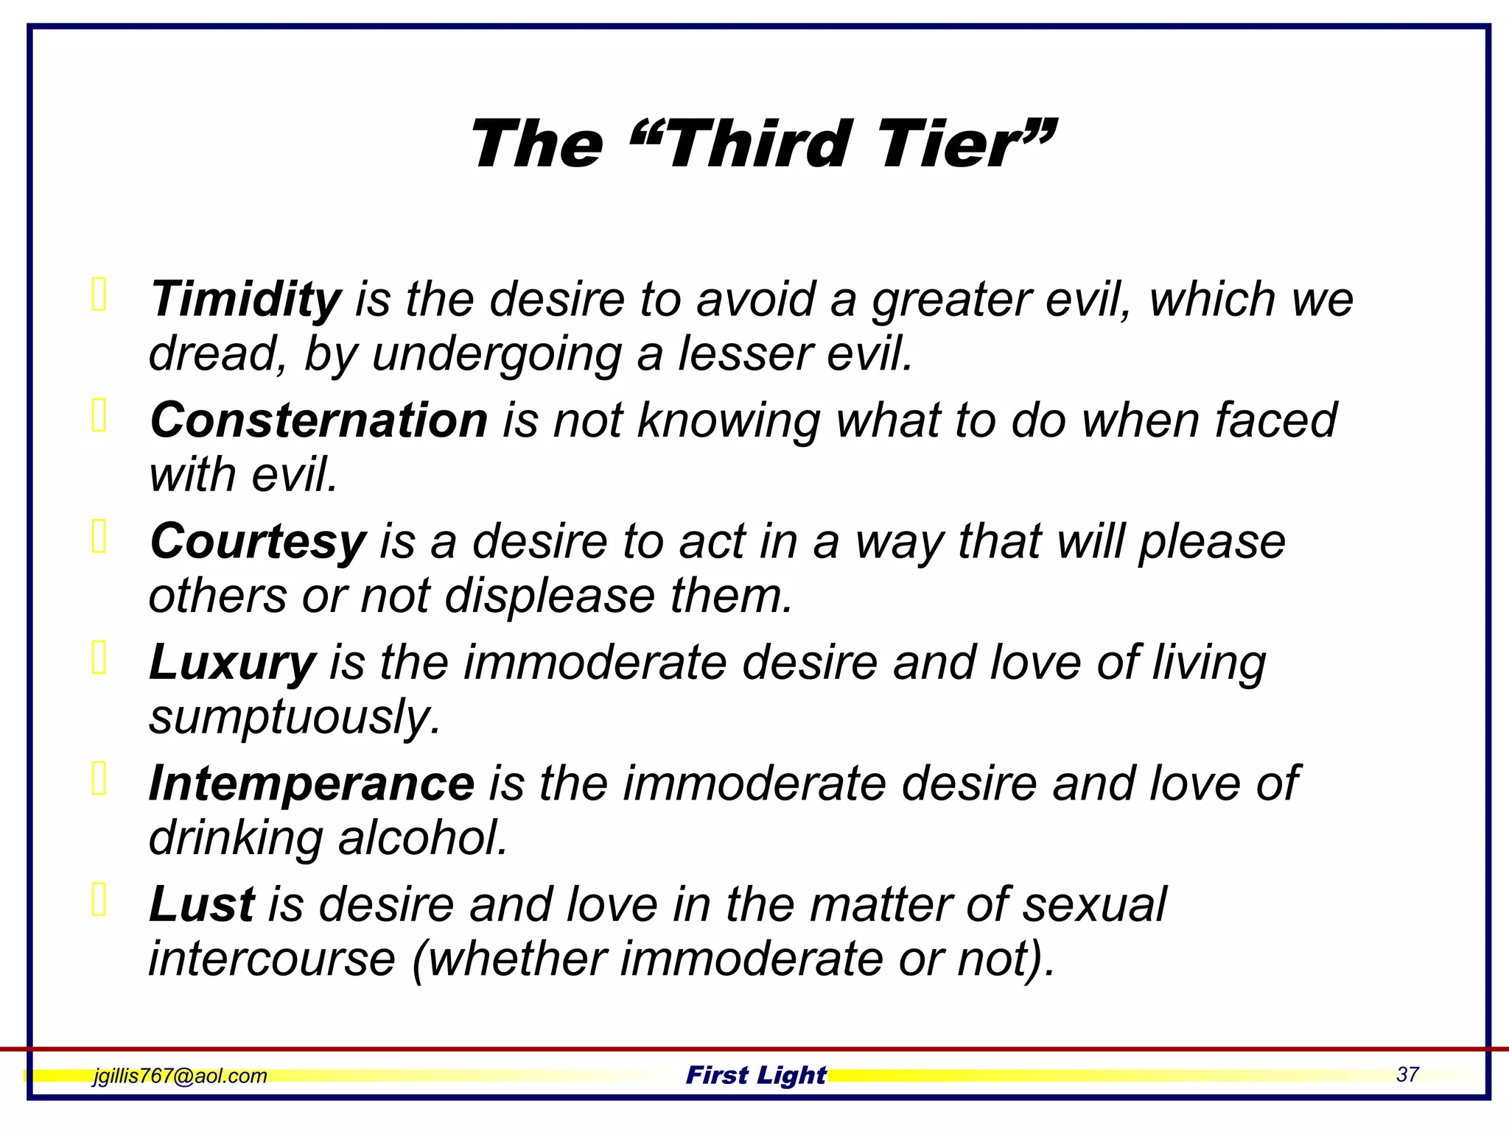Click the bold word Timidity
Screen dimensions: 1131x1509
[x=245, y=300]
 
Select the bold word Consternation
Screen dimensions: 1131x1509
[x=318, y=420]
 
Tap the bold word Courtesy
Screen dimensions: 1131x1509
[x=257, y=541]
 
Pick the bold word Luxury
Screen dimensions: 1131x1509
[x=232, y=662]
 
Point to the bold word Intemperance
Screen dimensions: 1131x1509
[x=311, y=783]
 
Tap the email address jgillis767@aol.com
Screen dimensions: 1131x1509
[x=180, y=1076]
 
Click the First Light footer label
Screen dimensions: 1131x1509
[x=755, y=1075]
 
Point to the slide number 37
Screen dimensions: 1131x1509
[x=1407, y=1074]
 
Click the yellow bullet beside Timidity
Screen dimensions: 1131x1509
[x=99, y=294]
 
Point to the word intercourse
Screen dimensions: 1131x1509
[x=272, y=959]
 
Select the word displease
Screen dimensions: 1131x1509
[x=550, y=596]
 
